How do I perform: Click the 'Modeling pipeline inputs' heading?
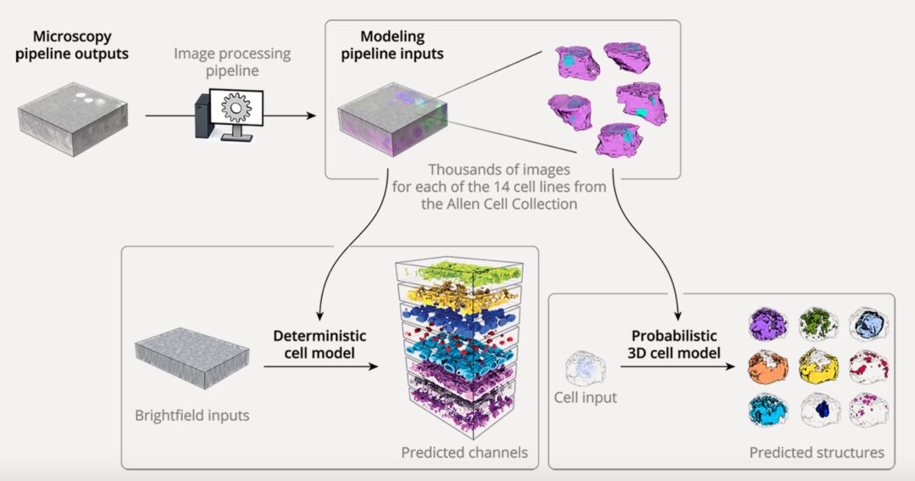point(392,45)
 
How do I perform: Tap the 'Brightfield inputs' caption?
point(192,416)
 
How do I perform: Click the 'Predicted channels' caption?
point(464,452)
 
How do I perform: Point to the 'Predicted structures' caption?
point(817,452)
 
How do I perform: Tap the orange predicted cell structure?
point(769,367)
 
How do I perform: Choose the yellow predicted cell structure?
point(819,367)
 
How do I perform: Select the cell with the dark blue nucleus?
point(819,411)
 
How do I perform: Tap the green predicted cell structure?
point(819,323)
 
